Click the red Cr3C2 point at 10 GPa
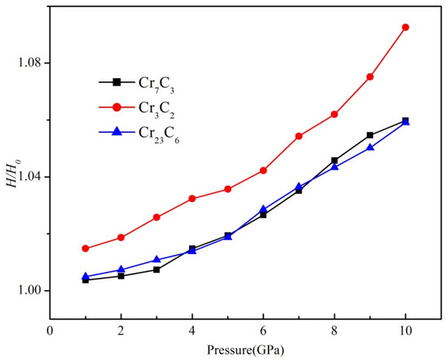pos(405,28)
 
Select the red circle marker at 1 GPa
pos(86,248)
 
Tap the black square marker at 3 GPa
pos(156,270)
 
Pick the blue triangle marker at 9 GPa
pos(370,147)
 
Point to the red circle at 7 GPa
pos(299,136)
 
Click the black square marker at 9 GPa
pos(370,135)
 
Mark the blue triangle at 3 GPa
pos(156,260)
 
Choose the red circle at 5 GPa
pos(228,189)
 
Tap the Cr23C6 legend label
pos(159,135)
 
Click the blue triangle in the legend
pos(116,132)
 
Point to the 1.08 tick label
pos(29,63)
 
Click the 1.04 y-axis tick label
pos(29,177)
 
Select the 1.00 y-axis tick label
pos(29,291)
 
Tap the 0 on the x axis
pos(50,331)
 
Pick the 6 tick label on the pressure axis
pos(263,331)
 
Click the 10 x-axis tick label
pos(405,331)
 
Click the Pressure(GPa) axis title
pos(245,349)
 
